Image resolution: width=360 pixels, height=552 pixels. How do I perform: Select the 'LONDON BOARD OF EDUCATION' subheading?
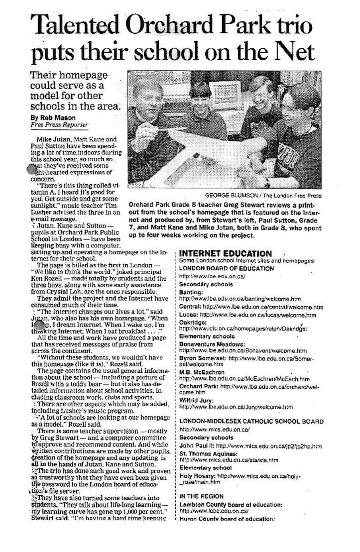coord(227,268)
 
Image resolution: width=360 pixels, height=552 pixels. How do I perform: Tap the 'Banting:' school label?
coord(191,292)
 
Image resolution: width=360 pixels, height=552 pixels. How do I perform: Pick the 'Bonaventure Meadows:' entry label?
coord(212,344)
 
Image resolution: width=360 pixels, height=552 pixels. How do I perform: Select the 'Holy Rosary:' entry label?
coord(198,475)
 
